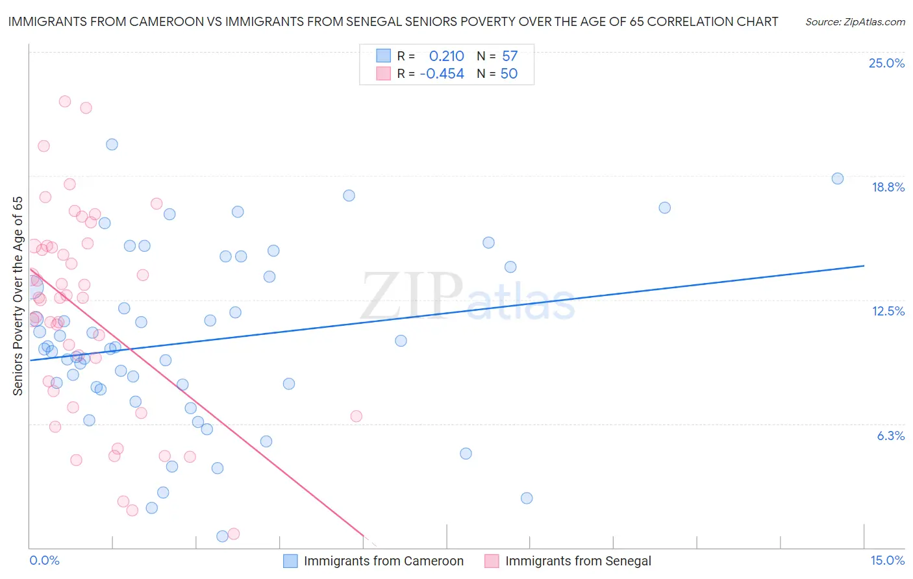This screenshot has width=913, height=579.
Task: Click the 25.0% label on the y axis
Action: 886,63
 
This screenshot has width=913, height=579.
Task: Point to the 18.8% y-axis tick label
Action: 888,187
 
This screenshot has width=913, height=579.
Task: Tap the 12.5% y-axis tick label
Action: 888,311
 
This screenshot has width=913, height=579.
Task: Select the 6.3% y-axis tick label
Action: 890,436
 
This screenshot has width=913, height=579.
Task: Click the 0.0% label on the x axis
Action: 44,560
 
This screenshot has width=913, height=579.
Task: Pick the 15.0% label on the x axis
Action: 887,560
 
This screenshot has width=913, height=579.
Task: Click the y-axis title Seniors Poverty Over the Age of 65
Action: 18,295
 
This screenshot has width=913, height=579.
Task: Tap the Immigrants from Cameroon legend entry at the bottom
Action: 383,561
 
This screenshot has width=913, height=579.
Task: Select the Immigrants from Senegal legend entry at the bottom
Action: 577,561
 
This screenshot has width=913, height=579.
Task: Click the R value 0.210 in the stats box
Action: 446,56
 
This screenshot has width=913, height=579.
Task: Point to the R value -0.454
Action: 442,73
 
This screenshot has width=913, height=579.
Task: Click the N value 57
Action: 510,56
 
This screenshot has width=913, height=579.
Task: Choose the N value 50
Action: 509,73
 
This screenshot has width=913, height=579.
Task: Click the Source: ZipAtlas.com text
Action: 855,21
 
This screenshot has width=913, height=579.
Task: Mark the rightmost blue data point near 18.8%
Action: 838,179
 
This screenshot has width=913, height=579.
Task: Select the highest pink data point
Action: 65,101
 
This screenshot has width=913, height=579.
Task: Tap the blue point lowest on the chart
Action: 222,536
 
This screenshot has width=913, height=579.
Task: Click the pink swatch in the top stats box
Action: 384,73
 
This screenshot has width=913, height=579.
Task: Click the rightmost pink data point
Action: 356,416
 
